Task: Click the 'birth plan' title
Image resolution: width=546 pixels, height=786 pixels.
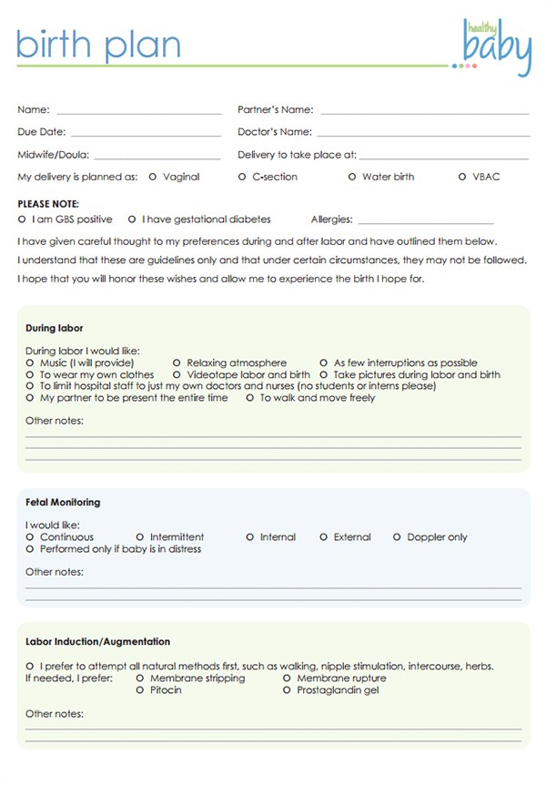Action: (x=98, y=45)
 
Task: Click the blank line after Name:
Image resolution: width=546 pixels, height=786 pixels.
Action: (x=138, y=111)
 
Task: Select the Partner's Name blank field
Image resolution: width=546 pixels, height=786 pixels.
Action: (x=424, y=111)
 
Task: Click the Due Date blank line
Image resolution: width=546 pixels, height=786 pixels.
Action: (x=146, y=133)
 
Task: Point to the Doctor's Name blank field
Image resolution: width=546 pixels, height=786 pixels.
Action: (x=424, y=133)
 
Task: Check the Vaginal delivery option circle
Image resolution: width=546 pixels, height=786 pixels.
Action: (x=152, y=177)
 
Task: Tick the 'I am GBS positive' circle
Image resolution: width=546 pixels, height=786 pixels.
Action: (x=22, y=219)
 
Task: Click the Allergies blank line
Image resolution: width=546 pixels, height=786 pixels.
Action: (x=426, y=220)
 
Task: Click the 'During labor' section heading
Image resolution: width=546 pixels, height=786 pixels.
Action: (x=55, y=328)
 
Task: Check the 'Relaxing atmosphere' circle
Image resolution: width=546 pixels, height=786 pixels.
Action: (x=177, y=362)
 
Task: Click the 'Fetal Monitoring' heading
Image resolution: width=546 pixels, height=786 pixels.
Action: (x=63, y=502)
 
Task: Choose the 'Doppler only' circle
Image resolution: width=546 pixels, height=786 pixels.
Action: (x=397, y=537)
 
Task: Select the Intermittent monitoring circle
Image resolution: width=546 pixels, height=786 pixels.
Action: (x=140, y=537)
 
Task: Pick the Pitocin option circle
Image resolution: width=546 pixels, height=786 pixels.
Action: (x=140, y=690)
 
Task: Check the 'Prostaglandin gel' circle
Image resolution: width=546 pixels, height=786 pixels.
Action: (x=287, y=690)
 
